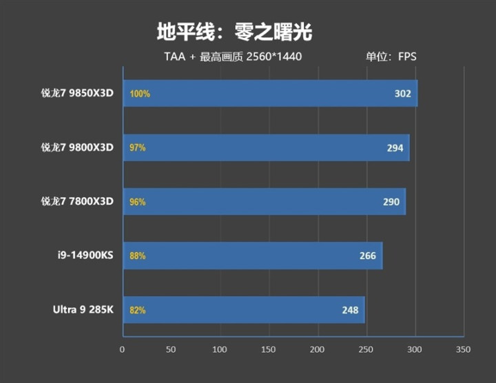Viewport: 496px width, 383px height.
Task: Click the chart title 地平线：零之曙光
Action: [x=235, y=32]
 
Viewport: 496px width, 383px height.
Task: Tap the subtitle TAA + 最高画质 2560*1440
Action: [x=233, y=56]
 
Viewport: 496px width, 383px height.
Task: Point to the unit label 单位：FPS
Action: [x=391, y=56]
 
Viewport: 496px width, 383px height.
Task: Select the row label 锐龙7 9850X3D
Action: [x=76, y=94]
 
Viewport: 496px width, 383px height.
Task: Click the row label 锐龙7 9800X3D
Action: [x=76, y=147]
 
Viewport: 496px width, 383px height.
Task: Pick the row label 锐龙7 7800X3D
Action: [x=76, y=201]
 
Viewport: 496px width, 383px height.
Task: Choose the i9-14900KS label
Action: [x=85, y=256]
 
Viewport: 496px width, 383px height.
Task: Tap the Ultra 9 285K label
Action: [x=83, y=310]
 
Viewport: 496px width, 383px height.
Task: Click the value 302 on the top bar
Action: [x=402, y=94]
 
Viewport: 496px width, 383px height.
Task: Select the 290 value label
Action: [x=391, y=202]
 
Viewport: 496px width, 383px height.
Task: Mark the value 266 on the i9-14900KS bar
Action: [x=367, y=256]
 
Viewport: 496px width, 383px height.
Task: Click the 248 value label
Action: [x=350, y=310]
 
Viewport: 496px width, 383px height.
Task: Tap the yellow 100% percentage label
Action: [x=139, y=94]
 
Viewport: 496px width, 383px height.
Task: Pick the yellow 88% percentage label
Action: [x=137, y=256]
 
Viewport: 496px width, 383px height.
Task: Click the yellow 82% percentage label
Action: [x=137, y=310]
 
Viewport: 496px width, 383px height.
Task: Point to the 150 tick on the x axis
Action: [x=269, y=349]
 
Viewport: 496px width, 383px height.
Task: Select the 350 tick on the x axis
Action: [x=463, y=349]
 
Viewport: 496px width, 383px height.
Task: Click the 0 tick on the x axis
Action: [x=123, y=349]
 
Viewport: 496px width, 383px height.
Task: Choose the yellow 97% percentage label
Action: [x=137, y=147]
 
